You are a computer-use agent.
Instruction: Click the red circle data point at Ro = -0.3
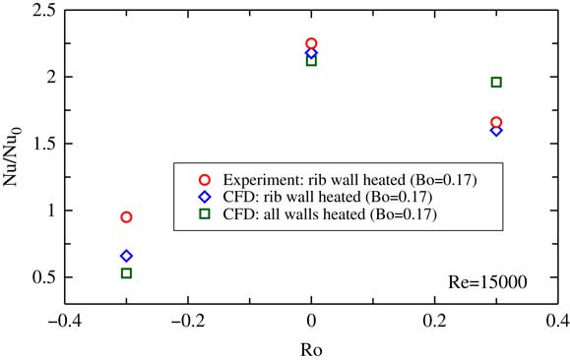tap(126, 216)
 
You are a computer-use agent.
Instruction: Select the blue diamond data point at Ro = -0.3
tap(126, 256)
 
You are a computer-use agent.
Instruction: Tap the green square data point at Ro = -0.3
tap(126, 272)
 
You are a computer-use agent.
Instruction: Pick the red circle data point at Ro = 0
tap(311, 43)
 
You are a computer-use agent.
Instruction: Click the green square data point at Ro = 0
tap(311, 61)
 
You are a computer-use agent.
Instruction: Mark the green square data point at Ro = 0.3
tap(496, 82)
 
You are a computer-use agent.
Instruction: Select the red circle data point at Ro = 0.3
tap(496, 122)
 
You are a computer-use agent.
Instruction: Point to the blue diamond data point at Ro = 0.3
tap(496, 130)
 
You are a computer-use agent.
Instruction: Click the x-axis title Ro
tap(311, 348)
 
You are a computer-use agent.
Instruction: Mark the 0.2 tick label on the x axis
tap(434, 321)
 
